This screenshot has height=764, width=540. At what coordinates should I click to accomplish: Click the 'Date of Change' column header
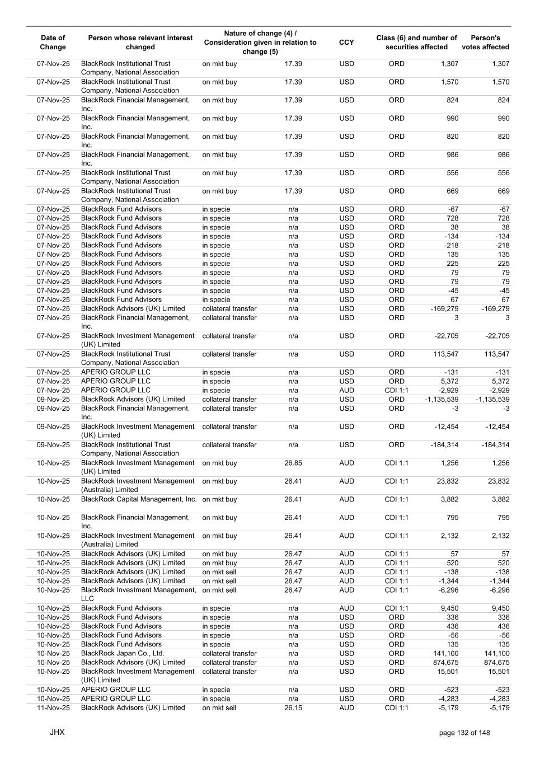click(53, 43)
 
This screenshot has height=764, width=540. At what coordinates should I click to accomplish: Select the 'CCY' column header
click(346, 43)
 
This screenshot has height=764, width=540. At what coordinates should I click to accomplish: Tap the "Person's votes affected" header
click(485, 43)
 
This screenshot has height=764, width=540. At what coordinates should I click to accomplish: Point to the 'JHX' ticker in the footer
click(57, 732)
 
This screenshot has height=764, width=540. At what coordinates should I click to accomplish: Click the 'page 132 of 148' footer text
click(464, 733)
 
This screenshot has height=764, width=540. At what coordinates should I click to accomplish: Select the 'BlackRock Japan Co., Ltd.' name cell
click(123, 654)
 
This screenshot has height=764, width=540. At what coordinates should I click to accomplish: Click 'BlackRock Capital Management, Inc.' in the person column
click(139, 500)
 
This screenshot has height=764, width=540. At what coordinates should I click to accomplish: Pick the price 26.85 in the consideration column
click(293, 463)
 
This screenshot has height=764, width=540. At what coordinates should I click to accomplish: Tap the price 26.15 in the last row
click(293, 708)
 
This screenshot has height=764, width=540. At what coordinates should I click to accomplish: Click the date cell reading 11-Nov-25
click(53, 708)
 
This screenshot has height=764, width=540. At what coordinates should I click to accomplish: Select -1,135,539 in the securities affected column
click(442, 400)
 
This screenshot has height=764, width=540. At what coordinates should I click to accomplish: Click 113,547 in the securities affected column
click(445, 354)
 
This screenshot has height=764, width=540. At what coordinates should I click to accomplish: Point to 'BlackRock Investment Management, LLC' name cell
click(138, 594)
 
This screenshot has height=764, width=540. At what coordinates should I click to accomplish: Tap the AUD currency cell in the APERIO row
click(346, 391)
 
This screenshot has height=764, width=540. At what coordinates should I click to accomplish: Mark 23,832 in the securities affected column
click(447, 481)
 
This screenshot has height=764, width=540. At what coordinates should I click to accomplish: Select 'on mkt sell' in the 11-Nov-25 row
click(219, 708)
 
